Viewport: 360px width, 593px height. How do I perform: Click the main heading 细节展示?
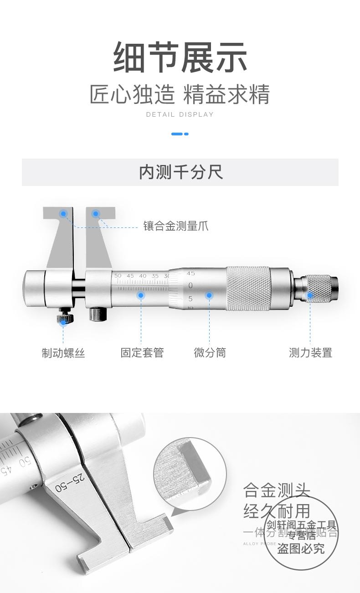tap(180, 57)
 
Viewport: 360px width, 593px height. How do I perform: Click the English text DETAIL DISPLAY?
tap(180, 114)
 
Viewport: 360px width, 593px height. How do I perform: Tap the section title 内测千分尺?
tap(180, 172)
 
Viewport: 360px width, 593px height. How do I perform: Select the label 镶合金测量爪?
tap(176, 226)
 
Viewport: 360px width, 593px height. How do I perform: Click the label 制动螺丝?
tap(63, 353)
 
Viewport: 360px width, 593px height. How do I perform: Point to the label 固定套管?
tap(142, 353)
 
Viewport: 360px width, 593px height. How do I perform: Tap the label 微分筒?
tap(210, 353)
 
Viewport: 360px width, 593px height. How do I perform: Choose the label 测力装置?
tap(310, 353)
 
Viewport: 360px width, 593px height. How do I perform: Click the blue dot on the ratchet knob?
tap(310, 295)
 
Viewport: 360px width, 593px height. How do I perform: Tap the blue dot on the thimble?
tap(209, 295)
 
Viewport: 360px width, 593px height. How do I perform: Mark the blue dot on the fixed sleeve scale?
tap(141, 295)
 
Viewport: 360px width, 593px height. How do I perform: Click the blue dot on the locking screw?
tap(63, 322)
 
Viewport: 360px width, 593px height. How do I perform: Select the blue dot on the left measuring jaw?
tap(64, 213)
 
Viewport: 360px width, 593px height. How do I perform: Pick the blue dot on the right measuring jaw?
tap(96, 213)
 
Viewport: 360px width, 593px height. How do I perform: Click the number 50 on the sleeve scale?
tap(118, 276)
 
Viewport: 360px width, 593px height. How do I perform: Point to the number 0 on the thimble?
tap(190, 286)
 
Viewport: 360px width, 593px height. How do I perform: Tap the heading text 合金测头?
tap(277, 490)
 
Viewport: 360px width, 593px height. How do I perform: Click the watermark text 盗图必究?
tap(301, 548)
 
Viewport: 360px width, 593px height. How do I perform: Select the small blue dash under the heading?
tap(180, 134)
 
